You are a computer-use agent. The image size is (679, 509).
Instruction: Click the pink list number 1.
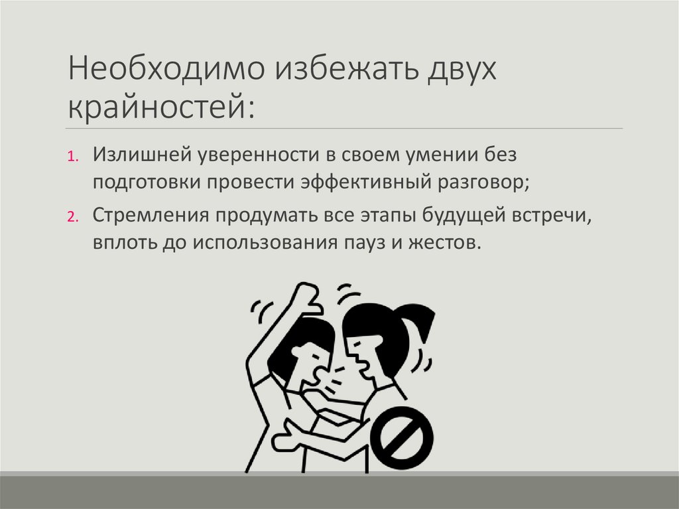click(73, 158)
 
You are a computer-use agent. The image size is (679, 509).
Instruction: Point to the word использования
click(266, 242)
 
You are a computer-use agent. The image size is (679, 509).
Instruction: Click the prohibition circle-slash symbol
click(402, 438)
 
